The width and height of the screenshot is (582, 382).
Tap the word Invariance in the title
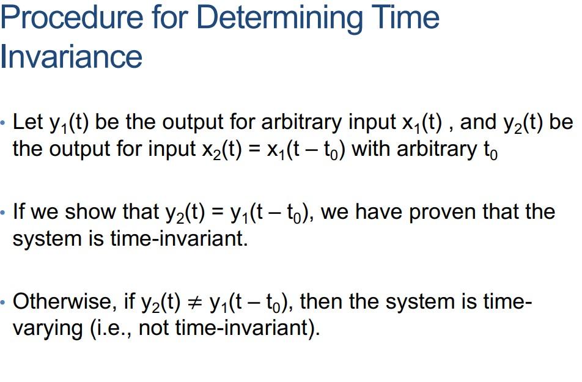point(72,56)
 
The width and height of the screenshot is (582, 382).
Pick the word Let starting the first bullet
point(28,122)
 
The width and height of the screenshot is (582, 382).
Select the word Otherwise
point(67,301)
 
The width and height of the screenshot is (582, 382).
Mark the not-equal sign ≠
point(194,302)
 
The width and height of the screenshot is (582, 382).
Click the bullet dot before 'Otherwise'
point(5,302)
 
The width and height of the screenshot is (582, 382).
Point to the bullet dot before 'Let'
point(5,123)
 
